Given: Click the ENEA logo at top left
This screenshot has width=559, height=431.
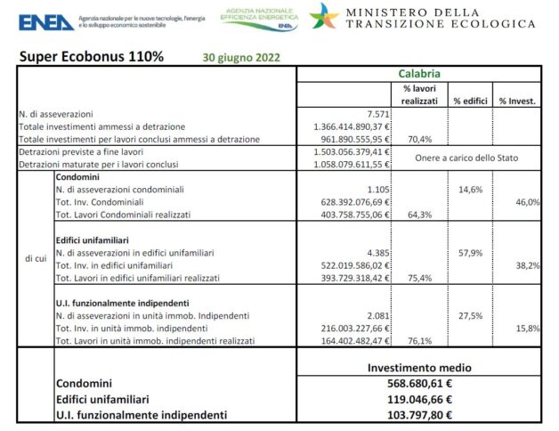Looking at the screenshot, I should pos(45,21).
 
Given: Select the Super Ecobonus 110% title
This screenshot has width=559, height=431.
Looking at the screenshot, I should pos(91,56).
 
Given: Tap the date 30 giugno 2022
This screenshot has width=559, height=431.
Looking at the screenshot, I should pos(240,57).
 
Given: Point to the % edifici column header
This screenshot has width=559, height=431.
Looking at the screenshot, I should pos(470,101).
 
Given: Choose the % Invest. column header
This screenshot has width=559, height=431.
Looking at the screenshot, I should pos(517,101).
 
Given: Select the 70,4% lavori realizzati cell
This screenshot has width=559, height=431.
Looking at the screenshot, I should pos(419,140).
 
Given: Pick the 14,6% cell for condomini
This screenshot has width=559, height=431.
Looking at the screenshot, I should pos(469,190).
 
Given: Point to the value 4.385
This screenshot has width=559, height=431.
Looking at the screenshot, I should pos(376,253).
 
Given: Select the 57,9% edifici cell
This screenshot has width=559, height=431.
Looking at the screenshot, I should pos(469,253).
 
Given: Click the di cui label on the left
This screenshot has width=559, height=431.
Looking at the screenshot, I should pos(36,259).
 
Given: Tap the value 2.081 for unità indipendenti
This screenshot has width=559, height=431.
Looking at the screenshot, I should pos(376,316).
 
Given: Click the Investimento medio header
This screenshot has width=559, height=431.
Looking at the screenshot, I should pos(419,367).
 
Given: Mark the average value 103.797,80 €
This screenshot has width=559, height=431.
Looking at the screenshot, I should pos(418,414).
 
